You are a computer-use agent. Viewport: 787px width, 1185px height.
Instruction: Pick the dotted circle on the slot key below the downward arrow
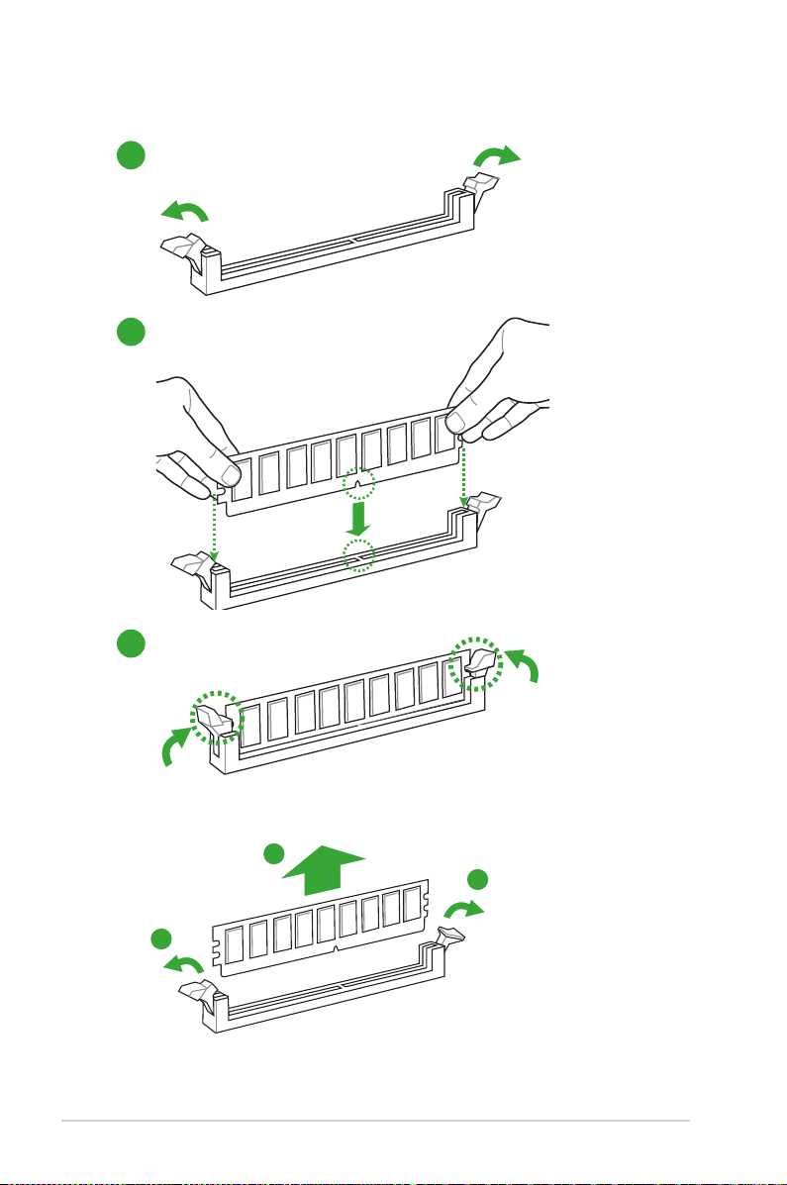[358, 556]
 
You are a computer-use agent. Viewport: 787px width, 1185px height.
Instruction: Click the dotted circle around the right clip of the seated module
[474, 662]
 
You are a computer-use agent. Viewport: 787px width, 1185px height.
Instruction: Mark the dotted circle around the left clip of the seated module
[215, 716]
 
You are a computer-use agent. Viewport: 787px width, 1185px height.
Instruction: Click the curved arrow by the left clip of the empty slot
[185, 211]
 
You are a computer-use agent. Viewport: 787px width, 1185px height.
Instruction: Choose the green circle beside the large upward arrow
[277, 854]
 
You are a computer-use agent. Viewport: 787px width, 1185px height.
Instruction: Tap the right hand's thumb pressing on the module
[456, 423]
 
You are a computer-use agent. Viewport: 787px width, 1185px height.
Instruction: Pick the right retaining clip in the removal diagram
[453, 930]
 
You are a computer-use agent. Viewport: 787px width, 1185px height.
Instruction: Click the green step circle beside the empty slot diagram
[129, 155]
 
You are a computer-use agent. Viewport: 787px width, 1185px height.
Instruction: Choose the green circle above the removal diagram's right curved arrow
[478, 879]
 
